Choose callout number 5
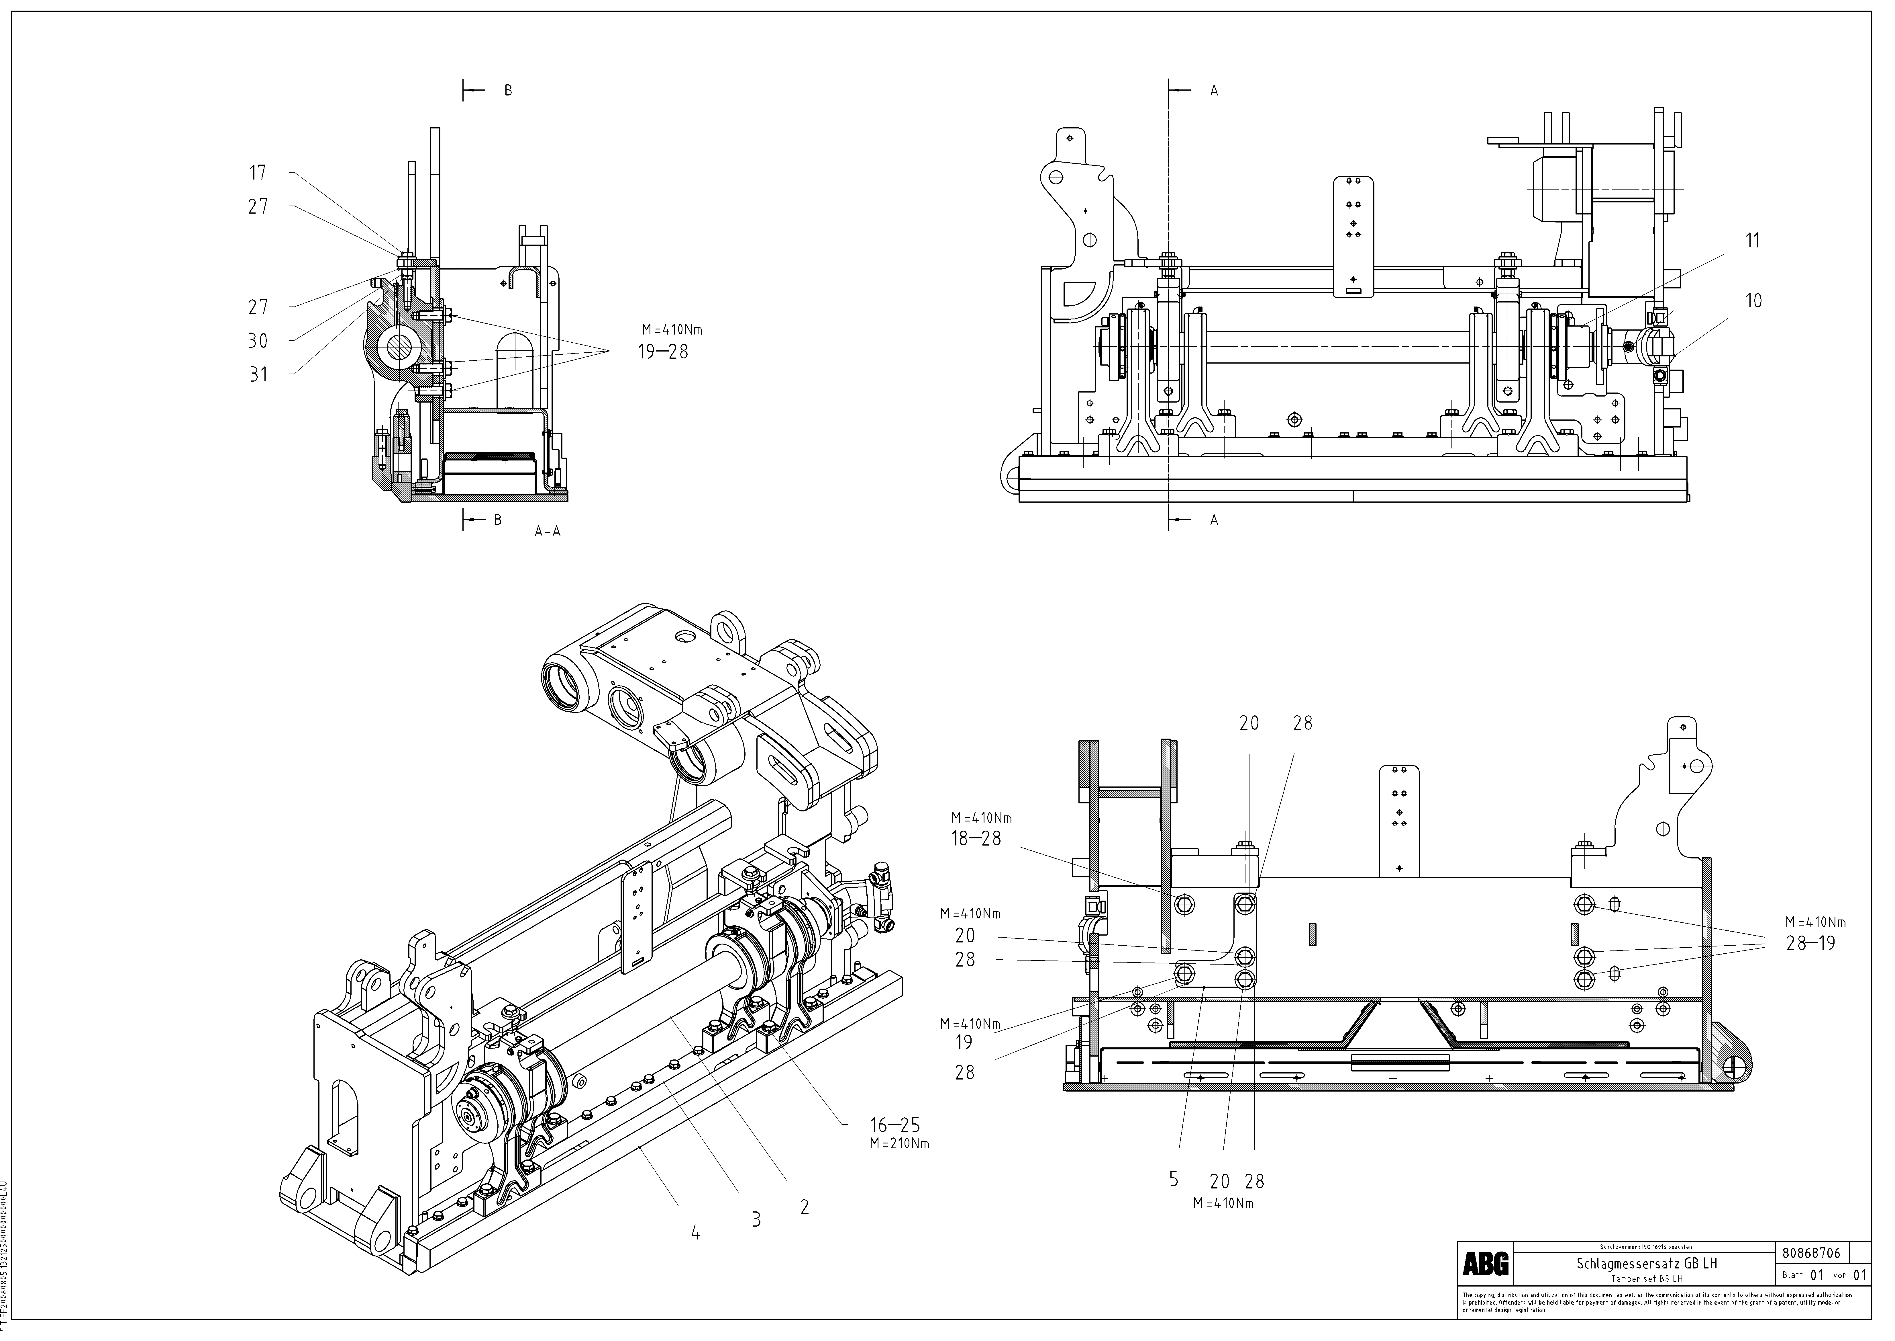point(1174,1179)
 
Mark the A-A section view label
point(547,532)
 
